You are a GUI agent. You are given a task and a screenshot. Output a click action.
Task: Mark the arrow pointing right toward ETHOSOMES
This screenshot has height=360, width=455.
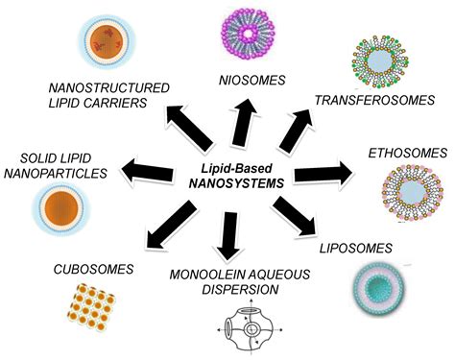click(x=327, y=174)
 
